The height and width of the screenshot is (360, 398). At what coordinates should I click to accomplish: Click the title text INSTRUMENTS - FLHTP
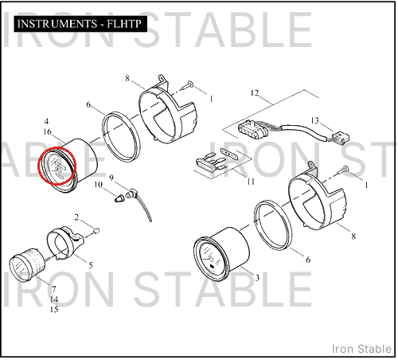(80, 24)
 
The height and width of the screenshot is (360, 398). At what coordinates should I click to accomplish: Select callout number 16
(47, 132)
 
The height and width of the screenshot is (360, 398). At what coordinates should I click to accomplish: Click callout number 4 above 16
(46, 122)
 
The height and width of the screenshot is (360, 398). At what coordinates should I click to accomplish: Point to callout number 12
(255, 93)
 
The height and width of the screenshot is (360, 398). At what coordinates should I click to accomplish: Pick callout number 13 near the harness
(315, 121)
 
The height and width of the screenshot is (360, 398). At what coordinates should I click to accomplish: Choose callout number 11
(251, 182)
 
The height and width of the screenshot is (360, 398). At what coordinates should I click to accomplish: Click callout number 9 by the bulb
(111, 178)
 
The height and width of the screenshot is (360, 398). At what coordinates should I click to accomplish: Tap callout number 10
(98, 184)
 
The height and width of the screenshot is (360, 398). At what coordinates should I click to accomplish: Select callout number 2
(76, 217)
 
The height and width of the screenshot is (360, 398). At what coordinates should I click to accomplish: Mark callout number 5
(91, 265)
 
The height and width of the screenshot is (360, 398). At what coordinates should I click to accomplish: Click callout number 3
(257, 278)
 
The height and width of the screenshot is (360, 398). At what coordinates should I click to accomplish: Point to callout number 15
(54, 310)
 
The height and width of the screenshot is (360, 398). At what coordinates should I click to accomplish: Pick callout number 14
(54, 299)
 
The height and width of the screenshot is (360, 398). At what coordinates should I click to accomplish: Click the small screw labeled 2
(96, 230)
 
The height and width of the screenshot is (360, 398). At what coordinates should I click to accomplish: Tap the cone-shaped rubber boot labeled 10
(119, 198)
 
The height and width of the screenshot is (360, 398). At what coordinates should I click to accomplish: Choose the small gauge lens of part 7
(19, 268)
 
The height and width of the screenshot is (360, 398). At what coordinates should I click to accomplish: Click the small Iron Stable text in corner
(362, 349)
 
